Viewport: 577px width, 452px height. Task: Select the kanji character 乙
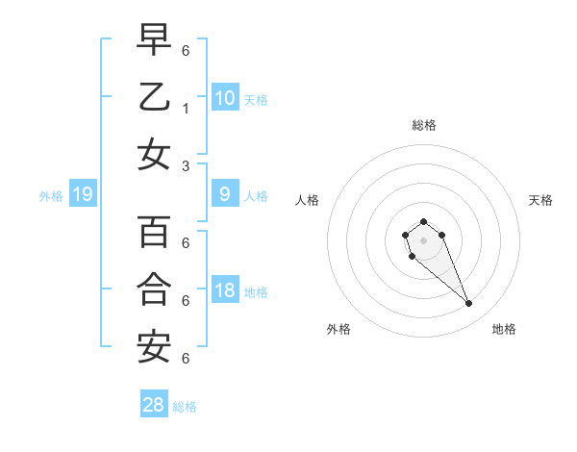click(155, 97)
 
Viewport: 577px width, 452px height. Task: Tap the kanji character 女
click(155, 155)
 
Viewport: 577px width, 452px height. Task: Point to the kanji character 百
click(155, 232)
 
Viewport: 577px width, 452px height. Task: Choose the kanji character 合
click(155, 289)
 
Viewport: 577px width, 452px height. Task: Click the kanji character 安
click(155, 347)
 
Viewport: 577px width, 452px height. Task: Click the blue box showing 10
click(225, 97)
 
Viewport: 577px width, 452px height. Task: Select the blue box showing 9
click(225, 195)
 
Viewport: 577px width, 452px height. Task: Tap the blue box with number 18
click(225, 291)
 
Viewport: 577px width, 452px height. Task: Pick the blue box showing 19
click(83, 195)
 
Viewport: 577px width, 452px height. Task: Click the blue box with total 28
click(154, 405)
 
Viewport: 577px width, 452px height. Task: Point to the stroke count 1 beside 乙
click(185, 109)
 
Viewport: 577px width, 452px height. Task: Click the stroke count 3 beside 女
click(185, 165)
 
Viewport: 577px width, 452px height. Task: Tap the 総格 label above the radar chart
click(424, 125)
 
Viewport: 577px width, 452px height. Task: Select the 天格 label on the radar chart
click(541, 200)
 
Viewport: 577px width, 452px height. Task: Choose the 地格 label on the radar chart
click(504, 329)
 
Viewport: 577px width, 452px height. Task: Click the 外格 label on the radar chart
click(339, 329)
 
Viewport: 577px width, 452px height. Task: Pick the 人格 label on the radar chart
click(307, 200)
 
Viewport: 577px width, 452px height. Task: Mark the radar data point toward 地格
click(468, 304)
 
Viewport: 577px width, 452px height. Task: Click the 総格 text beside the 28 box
click(185, 407)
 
